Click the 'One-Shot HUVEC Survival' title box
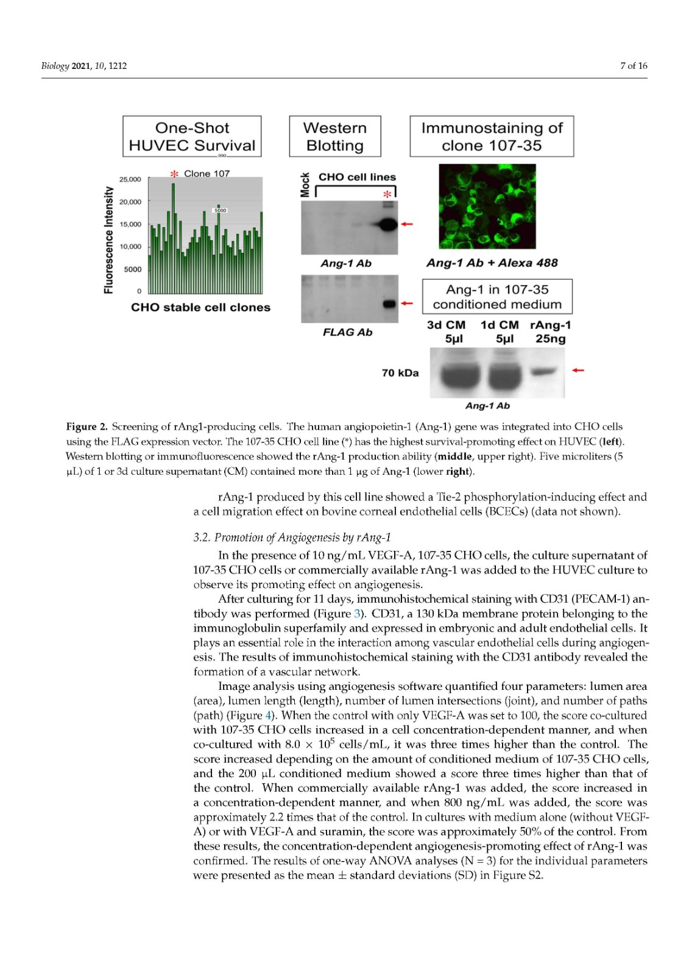pyautogui.click(x=192, y=136)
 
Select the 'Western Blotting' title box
pyautogui.click(x=334, y=136)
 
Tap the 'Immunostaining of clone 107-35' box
pyautogui.click(x=492, y=136)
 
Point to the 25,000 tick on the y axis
pyautogui.click(x=130, y=179)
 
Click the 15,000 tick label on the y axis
pyautogui.click(x=130, y=224)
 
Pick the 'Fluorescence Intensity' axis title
pyautogui.click(x=108, y=239)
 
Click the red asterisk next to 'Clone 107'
pyautogui.click(x=174, y=174)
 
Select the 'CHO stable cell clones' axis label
pyautogui.click(x=200, y=307)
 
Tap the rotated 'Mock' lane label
pyautogui.click(x=305, y=185)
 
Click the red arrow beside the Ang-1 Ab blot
pyautogui.click(x=406, y=224)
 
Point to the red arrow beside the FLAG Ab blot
pyautogui.click(x=406, y=303)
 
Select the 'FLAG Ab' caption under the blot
pyautogui.click(x=347, y=332)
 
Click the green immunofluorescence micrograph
pyautogui.click(x=487, y=206)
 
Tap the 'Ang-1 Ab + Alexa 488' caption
pyautogui.click(x=492, y=263)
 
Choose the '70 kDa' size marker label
pyautogui.click(x=400, y=373)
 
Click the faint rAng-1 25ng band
pyautogui.click(x=543, y=371)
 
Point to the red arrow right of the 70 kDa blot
pyautogui.click(x=578, y=370)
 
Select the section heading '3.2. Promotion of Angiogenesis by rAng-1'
pyautogui.click(x=292, y=537)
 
